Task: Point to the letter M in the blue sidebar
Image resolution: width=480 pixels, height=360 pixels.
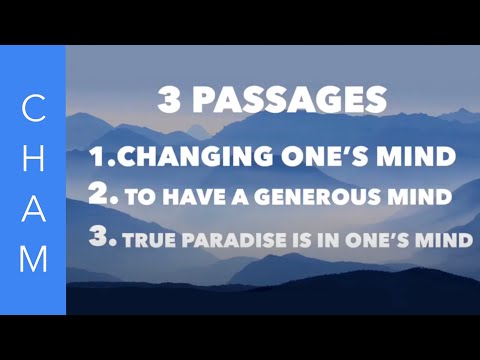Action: (33, 257)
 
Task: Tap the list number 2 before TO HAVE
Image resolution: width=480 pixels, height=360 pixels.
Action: (99, 194)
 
